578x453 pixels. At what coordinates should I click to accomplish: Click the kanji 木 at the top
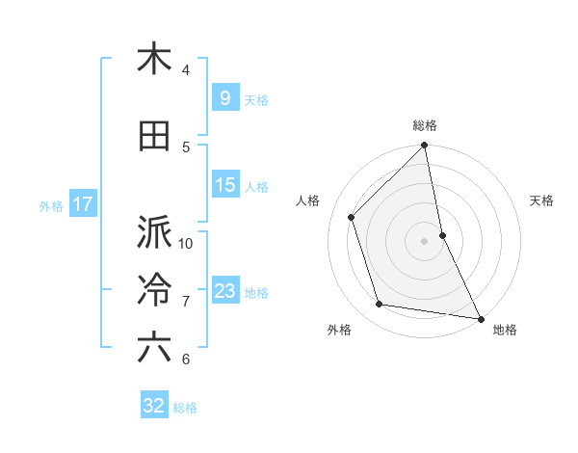tap(154, 59)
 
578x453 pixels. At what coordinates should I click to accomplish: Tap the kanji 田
tap(154, 136)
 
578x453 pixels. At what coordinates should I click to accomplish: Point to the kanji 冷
tap(154, 290)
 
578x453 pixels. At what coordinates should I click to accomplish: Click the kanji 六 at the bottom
tap(154, 348)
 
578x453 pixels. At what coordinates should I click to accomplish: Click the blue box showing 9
tap(224, 98)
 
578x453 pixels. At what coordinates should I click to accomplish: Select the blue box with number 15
tap(224, 185)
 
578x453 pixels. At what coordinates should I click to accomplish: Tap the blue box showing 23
tap(224, 291)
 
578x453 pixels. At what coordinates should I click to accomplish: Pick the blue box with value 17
tap(82, 204)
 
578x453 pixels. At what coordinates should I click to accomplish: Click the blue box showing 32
tap(154, 406)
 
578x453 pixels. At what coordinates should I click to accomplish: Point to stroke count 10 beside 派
tap(186, 243)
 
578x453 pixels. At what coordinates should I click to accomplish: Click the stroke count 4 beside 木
tap(186, 69)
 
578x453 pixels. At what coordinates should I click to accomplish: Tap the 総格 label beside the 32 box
tap(185, 408)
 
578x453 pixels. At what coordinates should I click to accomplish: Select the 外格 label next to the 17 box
tap(51, 205)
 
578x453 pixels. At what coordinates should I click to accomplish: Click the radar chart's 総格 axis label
tap(425, 126)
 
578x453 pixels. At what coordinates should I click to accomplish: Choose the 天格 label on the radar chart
tap(542, 200)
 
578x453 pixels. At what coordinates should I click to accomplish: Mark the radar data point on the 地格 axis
tap(481, 318)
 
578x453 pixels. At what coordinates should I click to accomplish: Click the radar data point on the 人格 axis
tap(352, 217)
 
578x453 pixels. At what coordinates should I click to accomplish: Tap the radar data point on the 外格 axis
tap(380, 305)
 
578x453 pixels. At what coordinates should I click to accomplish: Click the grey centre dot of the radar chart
tap(425, 241)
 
